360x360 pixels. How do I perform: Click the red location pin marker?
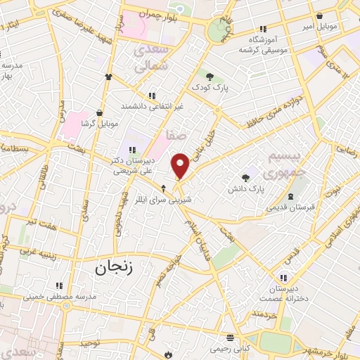click(181, 166)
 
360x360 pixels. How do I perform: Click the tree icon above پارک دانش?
click(245, 178)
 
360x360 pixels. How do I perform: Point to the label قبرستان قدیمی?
click(290, 207)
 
